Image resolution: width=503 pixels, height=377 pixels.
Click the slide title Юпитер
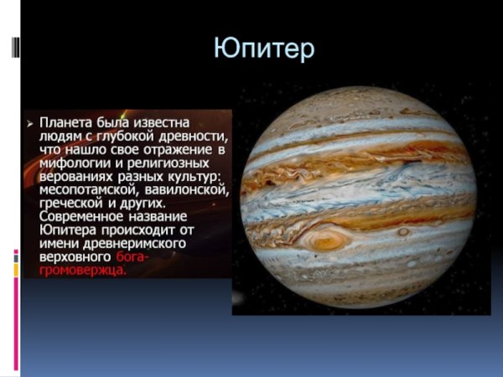[x=264, y=48]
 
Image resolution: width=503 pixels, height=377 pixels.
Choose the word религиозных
[x=179, y=163]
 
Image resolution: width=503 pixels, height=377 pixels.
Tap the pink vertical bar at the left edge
[x=15, y=318]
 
